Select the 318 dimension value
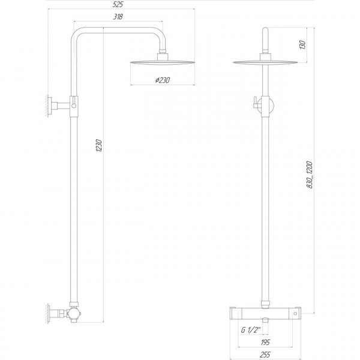click(117, 17)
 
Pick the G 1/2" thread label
click(250, 329)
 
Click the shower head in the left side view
click(161, 62)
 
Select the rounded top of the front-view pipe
click(264, 33)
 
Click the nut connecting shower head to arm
click(161, 56)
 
